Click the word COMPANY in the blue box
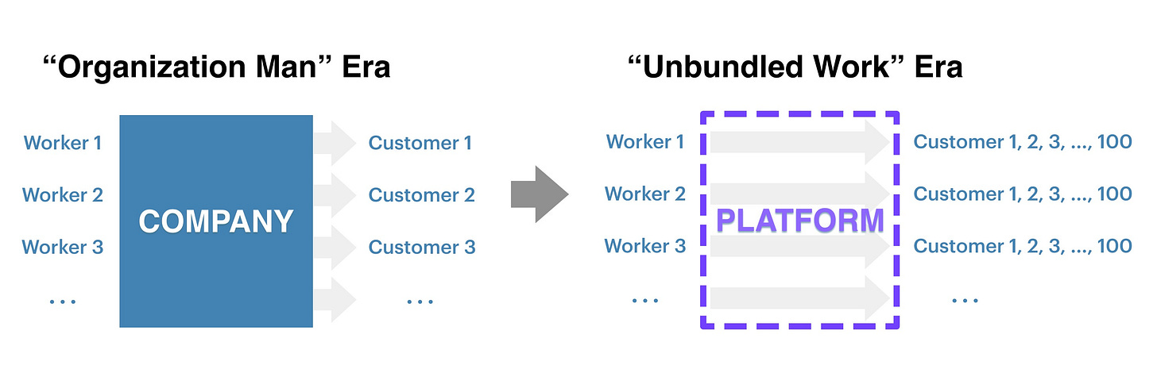coord(216,222)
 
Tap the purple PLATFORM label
coord(799,221)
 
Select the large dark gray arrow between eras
coord(540,194)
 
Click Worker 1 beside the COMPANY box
coord(63,143)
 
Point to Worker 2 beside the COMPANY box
coord(63,195)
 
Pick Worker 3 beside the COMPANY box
coord(63,247)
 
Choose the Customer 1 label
coord(420,143)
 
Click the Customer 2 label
coord(421,195)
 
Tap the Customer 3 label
coord(421,247)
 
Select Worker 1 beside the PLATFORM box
coord(645,142)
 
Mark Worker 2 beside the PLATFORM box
coord(645,194)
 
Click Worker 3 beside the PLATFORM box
coord(645,246)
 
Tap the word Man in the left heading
coord(286,67)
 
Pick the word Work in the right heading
coord(851,67)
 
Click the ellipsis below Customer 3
coord(420,302)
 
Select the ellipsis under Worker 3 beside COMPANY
coord(63,302)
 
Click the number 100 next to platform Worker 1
coord(1115,142)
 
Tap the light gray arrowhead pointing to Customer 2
coord(343,195)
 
